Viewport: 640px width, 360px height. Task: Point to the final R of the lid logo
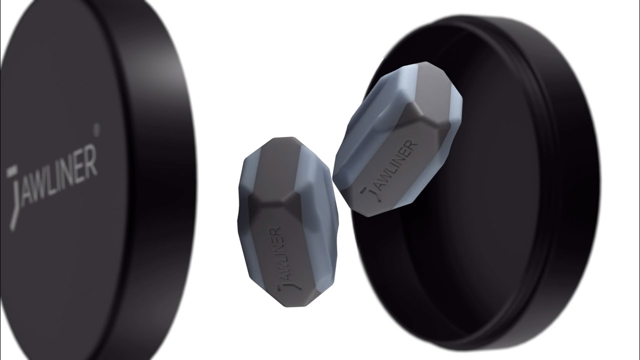[90, 159]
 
